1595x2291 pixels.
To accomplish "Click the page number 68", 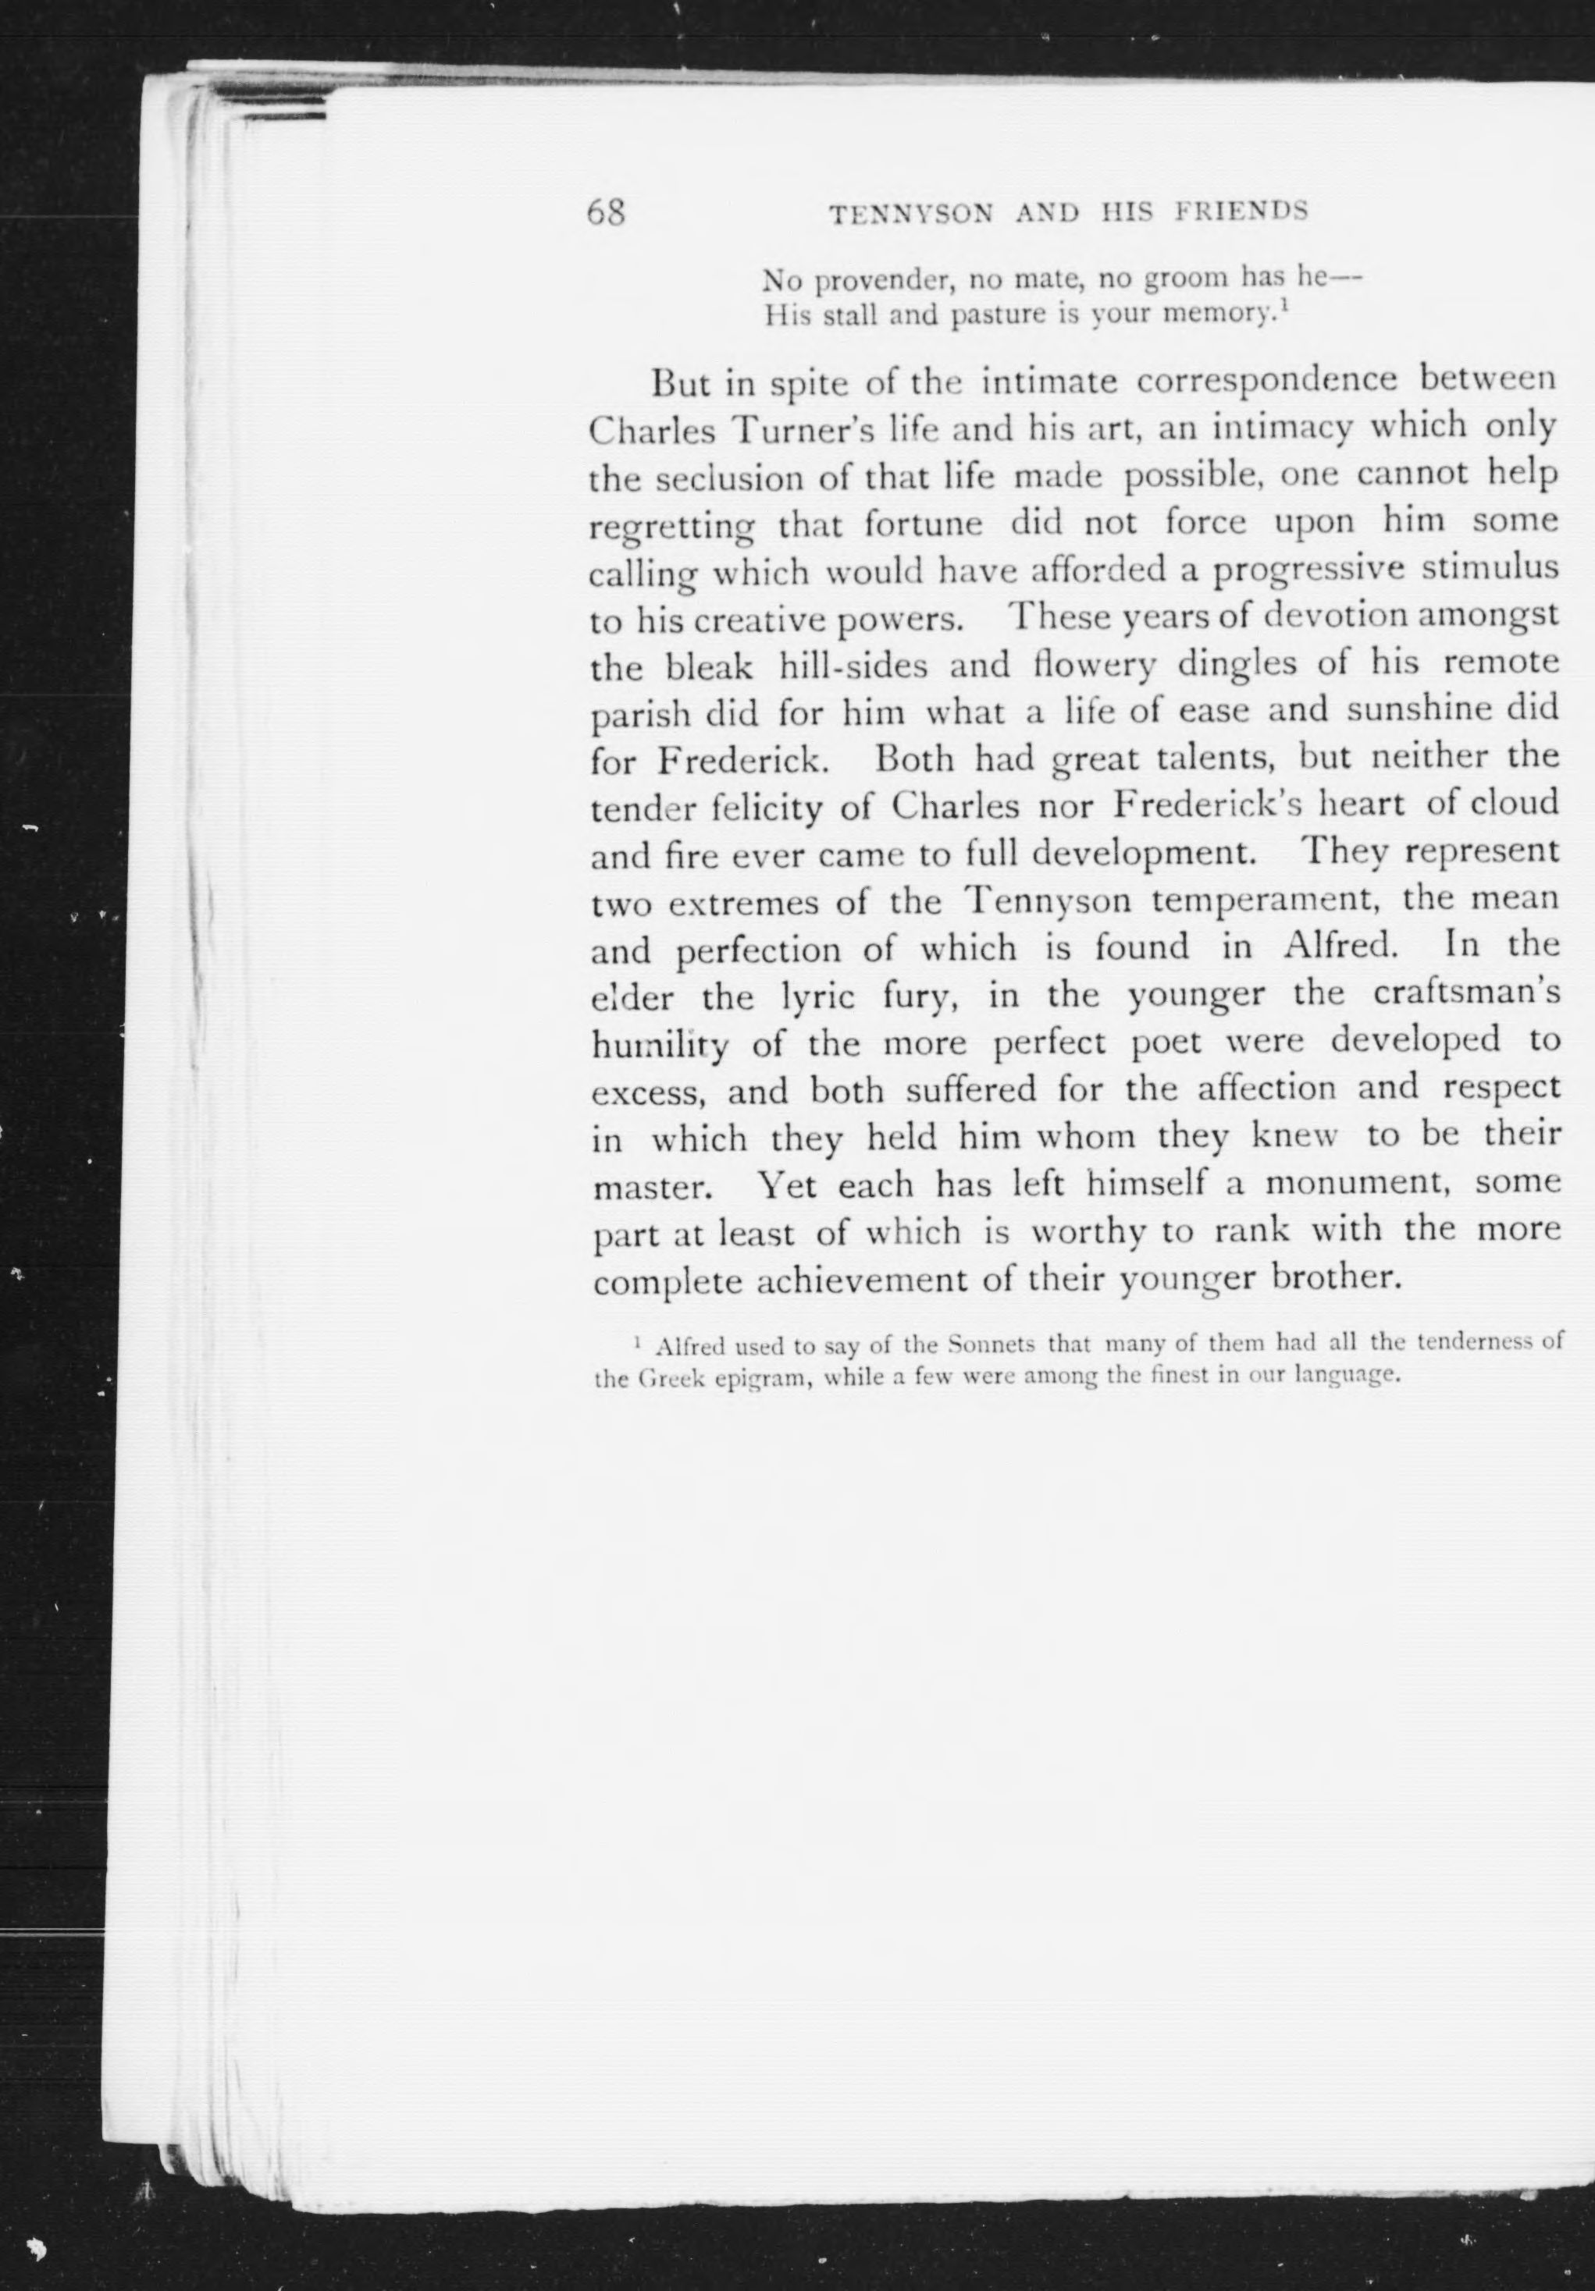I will pos(605,212).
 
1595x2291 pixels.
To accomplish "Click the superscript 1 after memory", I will pos(1283,308).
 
